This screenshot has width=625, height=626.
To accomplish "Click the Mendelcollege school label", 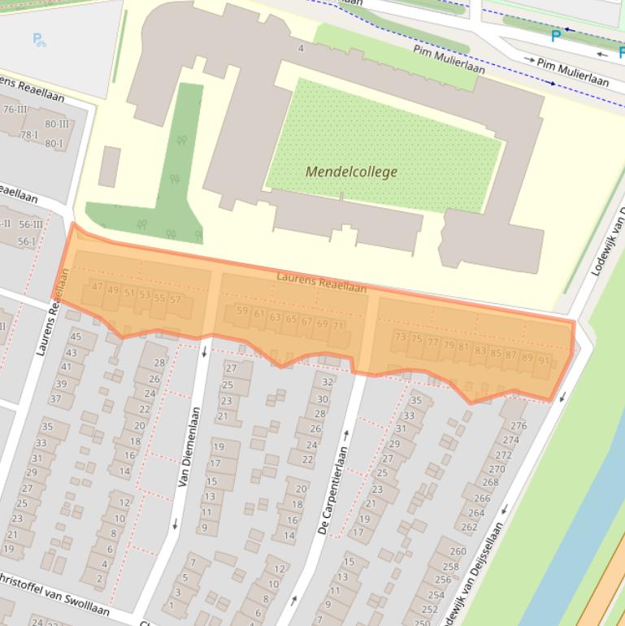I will [351, 172].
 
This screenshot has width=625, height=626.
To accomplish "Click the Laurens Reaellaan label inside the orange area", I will [321, 282].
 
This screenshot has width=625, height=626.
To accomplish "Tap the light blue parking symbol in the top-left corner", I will [38, 38].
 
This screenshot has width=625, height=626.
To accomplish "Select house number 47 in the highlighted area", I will [98, 286].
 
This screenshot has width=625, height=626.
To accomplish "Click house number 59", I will [241, 311].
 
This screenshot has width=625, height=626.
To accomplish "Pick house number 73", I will [400, 337].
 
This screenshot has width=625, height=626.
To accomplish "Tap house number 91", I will [543, 361].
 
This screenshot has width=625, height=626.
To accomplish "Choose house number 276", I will [518, 425].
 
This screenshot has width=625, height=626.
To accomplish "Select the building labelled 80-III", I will [57, 124].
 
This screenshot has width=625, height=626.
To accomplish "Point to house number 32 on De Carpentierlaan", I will [328, 381].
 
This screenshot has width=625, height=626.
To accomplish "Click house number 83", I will [480, 351].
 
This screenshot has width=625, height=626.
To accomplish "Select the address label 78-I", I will [29, 135].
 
